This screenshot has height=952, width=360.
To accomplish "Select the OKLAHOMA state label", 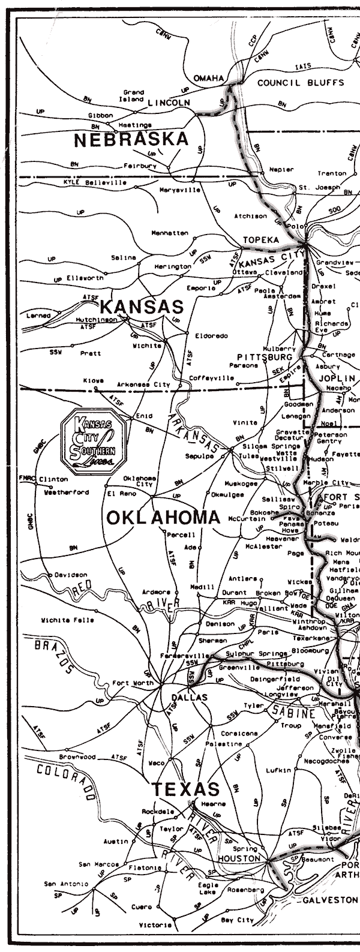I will [163, 518].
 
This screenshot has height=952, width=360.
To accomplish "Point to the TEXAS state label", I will [185, 789].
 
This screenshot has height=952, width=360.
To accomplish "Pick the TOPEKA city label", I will [261, 240].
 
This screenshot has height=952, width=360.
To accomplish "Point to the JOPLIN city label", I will [337, 379].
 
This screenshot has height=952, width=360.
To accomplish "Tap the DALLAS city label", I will [189, 698].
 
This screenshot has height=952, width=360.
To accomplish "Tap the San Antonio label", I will [65, 884].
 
